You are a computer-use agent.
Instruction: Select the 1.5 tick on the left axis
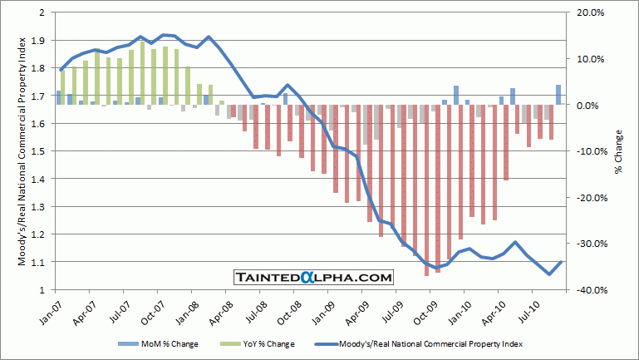click(40, 151)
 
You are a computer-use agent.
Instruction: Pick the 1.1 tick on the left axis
click(40, 262)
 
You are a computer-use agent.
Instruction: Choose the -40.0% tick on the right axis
click(585, 290)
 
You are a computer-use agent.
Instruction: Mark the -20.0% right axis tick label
click(585, 198)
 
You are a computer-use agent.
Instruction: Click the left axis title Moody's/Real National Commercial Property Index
click(20, 151)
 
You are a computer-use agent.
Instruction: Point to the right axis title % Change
click(619, 151)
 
